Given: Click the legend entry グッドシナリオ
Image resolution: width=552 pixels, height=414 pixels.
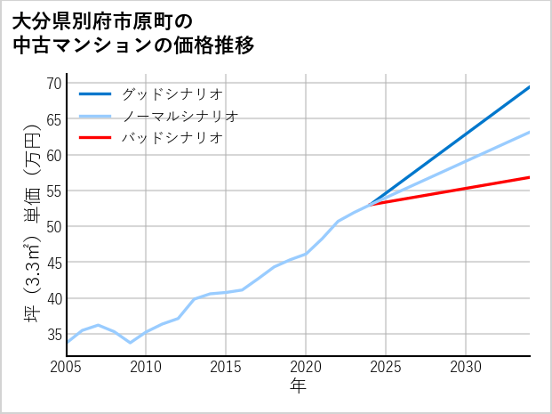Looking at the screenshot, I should pyautogui.click(x=172, y=93).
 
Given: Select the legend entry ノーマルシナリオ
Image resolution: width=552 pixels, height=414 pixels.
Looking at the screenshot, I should pyautogui.click(x=180, y=116).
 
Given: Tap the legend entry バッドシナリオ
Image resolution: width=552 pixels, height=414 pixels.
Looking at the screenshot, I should pyautogui.click(x=172, y=138).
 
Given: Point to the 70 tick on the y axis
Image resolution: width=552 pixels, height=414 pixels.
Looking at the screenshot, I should pyautogui.click(x=53, y=84).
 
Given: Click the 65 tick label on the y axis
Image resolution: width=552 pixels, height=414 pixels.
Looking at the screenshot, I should pyautogui.click(x=53, y=119).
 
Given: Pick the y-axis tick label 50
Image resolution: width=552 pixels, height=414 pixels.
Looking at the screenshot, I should pyautogui.click(x=53, y=226).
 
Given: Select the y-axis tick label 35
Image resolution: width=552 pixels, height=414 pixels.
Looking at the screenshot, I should pyautogui.click(x=53, y=334).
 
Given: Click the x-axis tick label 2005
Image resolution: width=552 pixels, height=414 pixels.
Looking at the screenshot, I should pyautogui.click(x=66, y=367).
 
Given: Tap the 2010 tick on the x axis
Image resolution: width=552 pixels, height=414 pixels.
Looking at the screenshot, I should pyautogui.click(x=146, y=367).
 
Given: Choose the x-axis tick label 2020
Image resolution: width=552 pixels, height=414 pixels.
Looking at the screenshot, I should pyautogui.click(x=306, y=367).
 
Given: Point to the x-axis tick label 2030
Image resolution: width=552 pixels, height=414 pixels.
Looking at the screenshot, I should pyautogui.click(x=466, y=367).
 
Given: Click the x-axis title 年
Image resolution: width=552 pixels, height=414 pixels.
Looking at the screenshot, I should pyautogui.click(x=298, y=386).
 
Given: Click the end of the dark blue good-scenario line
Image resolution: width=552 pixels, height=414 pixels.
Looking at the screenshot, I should pyautogui.click(x=530, y=86).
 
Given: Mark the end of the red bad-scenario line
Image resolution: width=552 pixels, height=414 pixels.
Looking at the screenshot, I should pyautogui.click(x=530, y=177).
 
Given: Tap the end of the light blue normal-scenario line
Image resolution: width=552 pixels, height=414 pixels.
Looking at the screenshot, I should pyautogui.click(x=530, y=132).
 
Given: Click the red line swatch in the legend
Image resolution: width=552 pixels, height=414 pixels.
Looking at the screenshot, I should pyautogui.click(x=95, y=138).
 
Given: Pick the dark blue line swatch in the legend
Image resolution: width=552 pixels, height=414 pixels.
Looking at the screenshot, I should pyautogui.click(x=95, y=93).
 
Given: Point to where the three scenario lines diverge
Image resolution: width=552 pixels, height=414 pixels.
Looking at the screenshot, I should pyautogui.click(x=370, y=205).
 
